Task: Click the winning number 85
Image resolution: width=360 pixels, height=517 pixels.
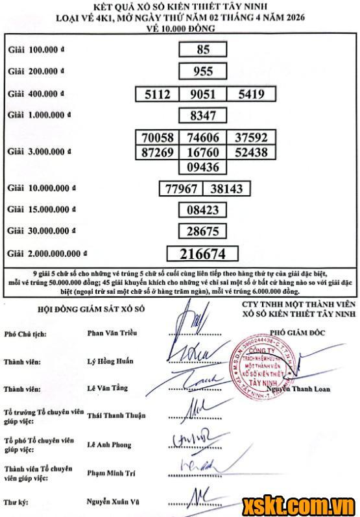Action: click(203, 49)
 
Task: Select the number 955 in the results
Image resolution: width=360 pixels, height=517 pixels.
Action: click(203, 71)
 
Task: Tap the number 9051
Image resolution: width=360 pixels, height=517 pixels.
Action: click(203, 94)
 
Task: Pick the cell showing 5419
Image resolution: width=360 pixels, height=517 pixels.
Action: click(251, 94)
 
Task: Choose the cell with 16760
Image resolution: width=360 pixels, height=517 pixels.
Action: click(203, 152)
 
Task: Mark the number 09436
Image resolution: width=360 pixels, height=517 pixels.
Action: click(203, 167)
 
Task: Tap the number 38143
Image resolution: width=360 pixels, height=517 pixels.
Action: click(227, 189)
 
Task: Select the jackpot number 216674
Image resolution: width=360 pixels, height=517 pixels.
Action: click(203, 254)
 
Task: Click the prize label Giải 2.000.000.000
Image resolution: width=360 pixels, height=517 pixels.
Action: click(46, 254)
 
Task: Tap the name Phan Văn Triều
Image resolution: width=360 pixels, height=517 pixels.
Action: click(112, 333)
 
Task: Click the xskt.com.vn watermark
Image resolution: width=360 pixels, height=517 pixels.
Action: click(298, 505)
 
